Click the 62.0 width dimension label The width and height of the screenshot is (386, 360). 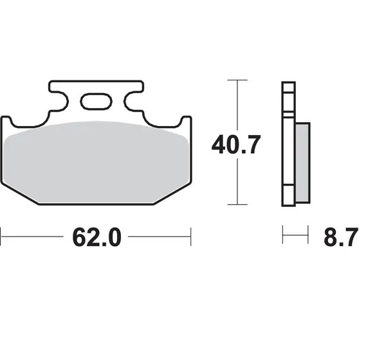96,237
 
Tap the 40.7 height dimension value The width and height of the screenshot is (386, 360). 236,145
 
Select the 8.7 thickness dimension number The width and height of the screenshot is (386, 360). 340,237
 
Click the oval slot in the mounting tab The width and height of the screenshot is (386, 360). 96,102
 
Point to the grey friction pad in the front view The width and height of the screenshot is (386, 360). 96,163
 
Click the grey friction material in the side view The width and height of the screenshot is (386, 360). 302,163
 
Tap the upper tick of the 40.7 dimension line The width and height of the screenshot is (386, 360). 237,80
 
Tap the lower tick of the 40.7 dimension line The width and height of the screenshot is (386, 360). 237,204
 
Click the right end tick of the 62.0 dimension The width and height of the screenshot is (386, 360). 191,237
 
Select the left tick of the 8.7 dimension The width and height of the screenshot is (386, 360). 282,234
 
